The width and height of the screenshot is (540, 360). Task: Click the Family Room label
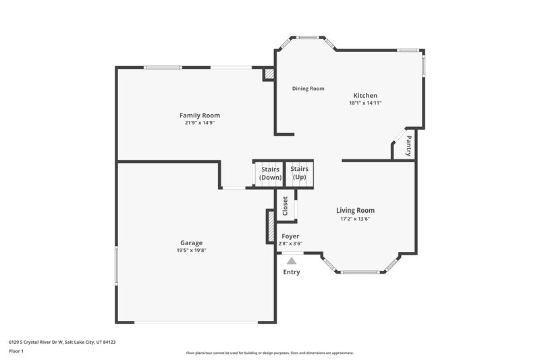199,115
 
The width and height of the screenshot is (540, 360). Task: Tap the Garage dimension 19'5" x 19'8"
191,251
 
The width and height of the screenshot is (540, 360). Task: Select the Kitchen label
365,95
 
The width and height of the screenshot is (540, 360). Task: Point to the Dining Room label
308,88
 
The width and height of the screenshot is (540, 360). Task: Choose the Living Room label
355,210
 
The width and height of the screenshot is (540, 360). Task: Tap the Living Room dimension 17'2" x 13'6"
355,219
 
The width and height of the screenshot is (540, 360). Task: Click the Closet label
285,206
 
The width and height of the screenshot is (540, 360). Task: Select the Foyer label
290,236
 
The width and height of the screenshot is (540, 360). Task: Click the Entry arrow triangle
291,260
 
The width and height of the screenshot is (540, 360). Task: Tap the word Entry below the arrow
291,272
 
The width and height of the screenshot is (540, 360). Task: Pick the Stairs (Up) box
300,173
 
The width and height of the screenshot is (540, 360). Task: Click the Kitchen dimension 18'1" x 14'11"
365,103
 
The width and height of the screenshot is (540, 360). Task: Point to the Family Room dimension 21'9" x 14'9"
199,123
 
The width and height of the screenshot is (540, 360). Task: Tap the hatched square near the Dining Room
269,73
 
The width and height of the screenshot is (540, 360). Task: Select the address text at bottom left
62,342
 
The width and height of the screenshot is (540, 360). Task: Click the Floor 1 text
16,351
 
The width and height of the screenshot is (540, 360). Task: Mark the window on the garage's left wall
115,269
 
